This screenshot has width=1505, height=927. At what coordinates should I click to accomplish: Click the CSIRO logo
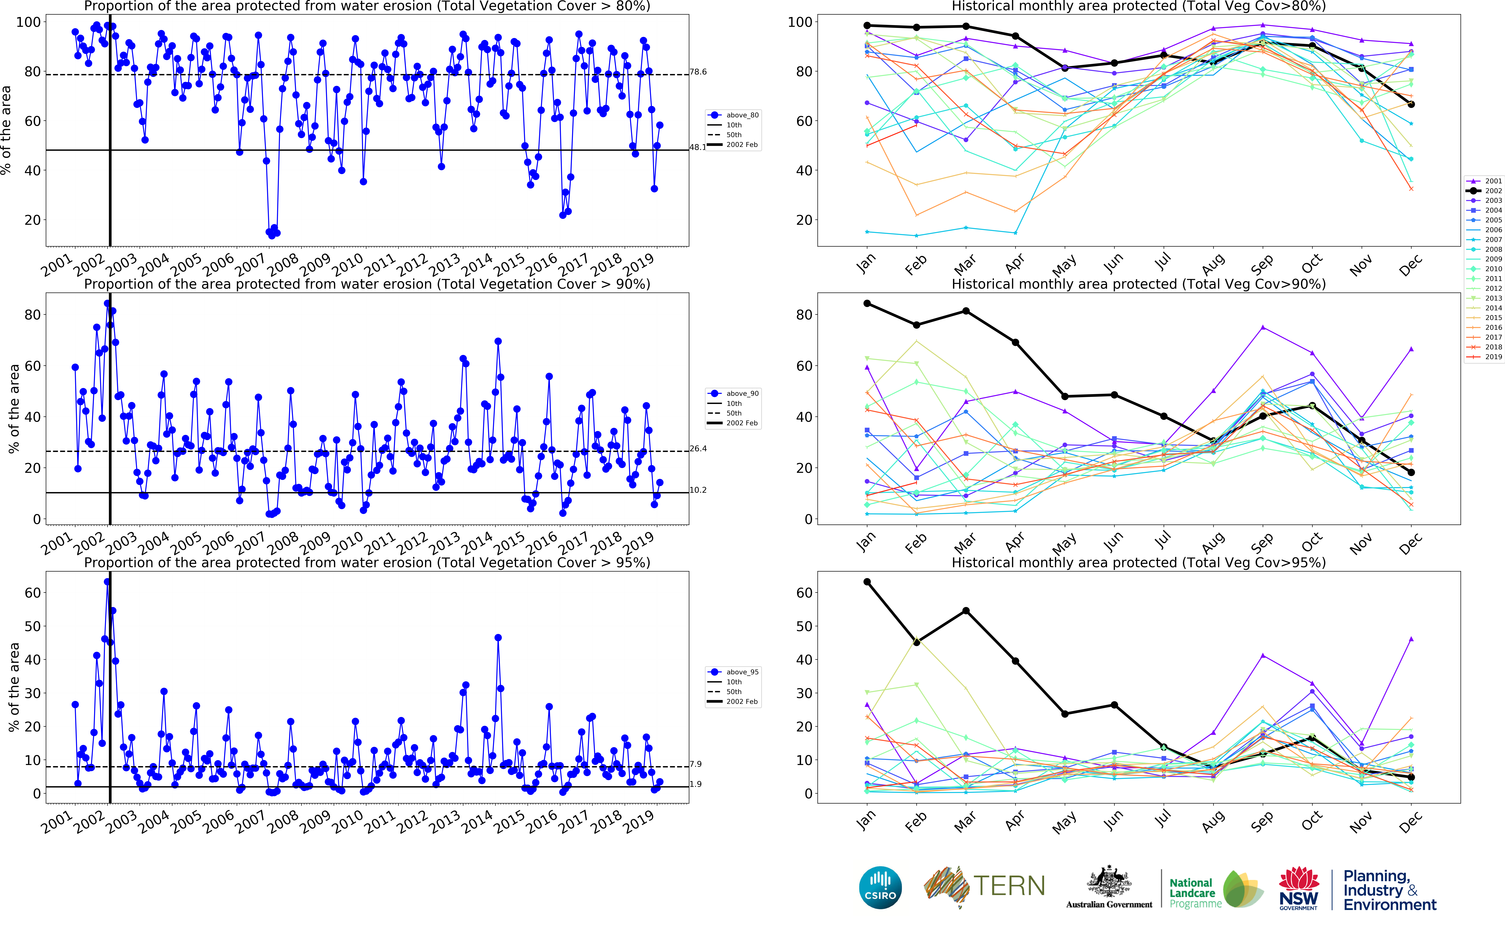pyautogui.click(x=880, y=887)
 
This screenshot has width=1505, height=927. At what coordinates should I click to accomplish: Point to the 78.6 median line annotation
pyautogui.click(x=698, y=72)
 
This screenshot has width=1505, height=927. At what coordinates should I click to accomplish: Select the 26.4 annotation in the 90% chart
pyautogui.click(x=698, y=449)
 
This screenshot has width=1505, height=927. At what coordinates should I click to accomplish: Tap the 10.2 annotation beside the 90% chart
pyautogui.click(x=698, y=490)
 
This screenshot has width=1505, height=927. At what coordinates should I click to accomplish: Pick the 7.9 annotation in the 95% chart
pyautogui.click(x=695, y=764)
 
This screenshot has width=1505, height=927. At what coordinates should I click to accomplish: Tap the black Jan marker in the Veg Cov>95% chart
pyautogui.click(x=867, y=582)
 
